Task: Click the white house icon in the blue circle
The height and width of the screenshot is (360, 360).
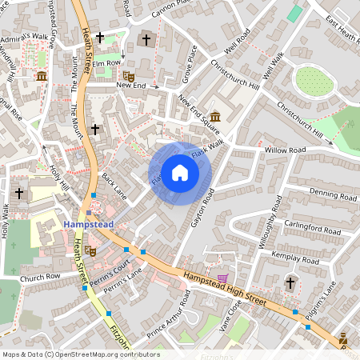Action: [179, 173]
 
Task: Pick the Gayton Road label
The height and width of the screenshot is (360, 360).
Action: [203, 207]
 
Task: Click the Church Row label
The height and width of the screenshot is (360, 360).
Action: [41, 278]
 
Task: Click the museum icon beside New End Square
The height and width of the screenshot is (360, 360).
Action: [215, 116]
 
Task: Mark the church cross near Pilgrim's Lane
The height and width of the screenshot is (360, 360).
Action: [290, 282]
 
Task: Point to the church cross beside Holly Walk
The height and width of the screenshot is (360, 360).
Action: [19, 193]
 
